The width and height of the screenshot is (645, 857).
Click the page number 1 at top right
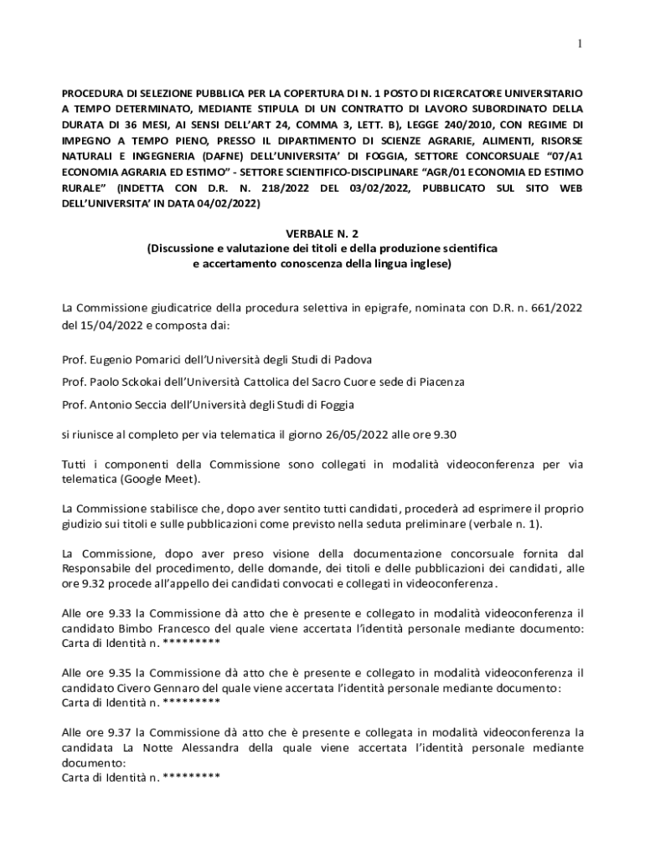click(x=580, y=43)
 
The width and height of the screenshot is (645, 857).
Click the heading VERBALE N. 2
click(x=322, y=234)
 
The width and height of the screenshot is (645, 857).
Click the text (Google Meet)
click(x=159, y=480)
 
